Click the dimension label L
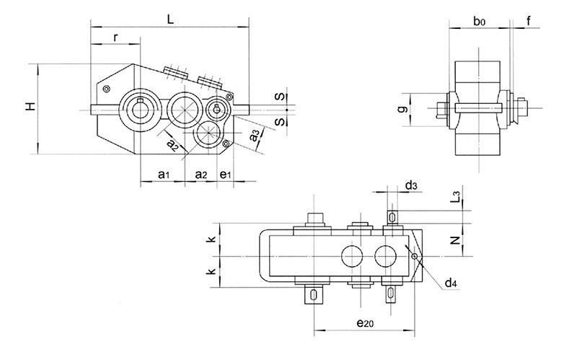(170, 20)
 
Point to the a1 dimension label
(163, 175)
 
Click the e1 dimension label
(225, 175)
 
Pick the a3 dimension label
(254, 136)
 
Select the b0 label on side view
(479, 22)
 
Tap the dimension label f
(529, 21)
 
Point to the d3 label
(410, 186)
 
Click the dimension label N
(454, 240)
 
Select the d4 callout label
(451, 284)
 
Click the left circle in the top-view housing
(353, 256)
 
